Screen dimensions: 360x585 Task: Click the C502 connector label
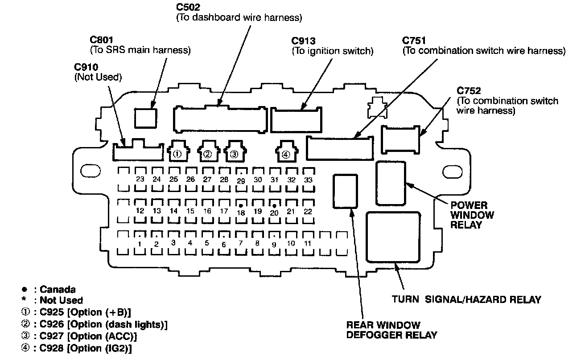coord(188,8)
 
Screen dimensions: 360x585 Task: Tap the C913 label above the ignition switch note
coord(304,41)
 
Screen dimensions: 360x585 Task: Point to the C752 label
coord(469,91)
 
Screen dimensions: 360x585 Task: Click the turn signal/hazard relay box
coord(393,237)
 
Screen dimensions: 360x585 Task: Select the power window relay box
coord(391,183)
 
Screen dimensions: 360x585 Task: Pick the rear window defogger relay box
coord(346,191)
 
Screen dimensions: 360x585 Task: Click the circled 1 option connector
coord(177,153)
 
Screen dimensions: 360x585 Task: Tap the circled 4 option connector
coord(285,154)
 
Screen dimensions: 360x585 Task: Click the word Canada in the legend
coord(58,290)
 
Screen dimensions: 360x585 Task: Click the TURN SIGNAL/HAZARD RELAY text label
coord(466,299)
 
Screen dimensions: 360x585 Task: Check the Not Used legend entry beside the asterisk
coord(61,300)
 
